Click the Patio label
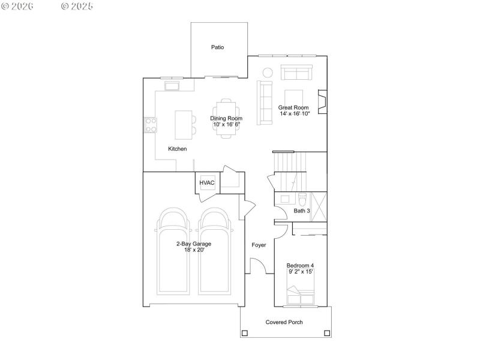(x=217, y=47)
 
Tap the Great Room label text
(x=293, y=107)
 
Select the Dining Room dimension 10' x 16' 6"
(x=226, y=125)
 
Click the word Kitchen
(x=177, y=149)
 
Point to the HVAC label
(x=207, y=183)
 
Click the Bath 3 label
(x=302, y=211)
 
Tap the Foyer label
(x=259, y=245)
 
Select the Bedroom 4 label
(x=300, y=265)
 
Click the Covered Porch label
(x=284, y=322)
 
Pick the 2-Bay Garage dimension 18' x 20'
(x=193, y=250)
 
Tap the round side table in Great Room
(x=268, y=73)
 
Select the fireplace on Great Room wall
(x=322, y=101)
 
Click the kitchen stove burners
(x=151, y=124)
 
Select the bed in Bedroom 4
(x=301, y=296)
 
